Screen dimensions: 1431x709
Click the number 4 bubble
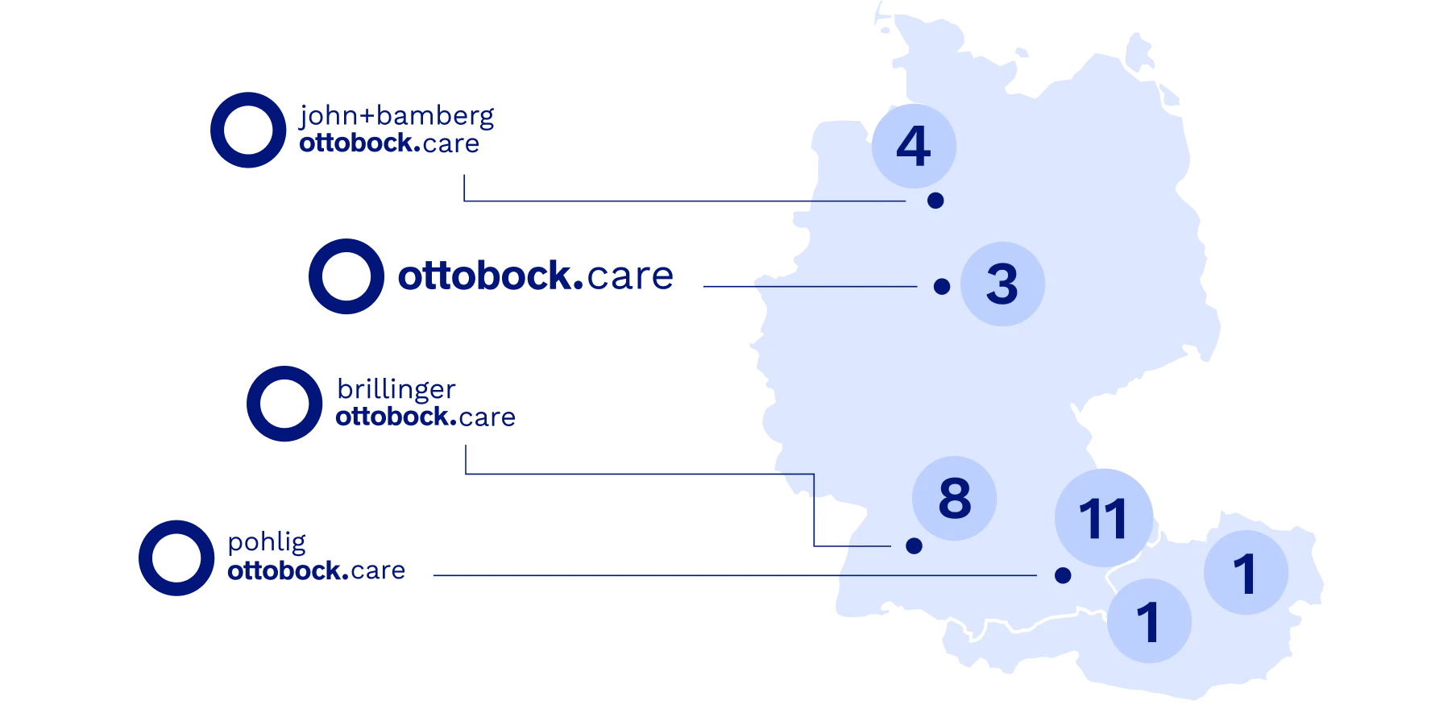point(914,146)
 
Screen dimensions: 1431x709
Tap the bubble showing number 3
point(1002,284)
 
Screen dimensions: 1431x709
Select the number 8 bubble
point(955,498)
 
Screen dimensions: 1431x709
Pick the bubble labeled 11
point(1103,518)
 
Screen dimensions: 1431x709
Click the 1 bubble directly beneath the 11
point(1149,621)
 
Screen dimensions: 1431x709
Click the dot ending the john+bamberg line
point(935,201)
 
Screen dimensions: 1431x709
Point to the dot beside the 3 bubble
point(942,286)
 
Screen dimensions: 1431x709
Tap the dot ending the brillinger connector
point(914,545)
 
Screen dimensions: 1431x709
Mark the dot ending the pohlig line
point(1063,575)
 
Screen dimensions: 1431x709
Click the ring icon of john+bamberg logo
point(247,131)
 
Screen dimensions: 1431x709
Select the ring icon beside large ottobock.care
point(346,276)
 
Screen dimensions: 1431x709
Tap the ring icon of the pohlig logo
point(176,558)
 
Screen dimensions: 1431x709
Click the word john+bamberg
point(396,117)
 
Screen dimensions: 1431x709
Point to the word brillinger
point(396,390)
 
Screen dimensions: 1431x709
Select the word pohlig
point(268,544)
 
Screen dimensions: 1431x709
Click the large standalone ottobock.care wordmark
point(536,276)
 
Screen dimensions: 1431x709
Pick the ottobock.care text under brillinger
point(425,417)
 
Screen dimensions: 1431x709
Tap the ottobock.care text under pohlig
point(316,570)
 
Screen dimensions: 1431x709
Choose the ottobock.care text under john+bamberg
point(389,143)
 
